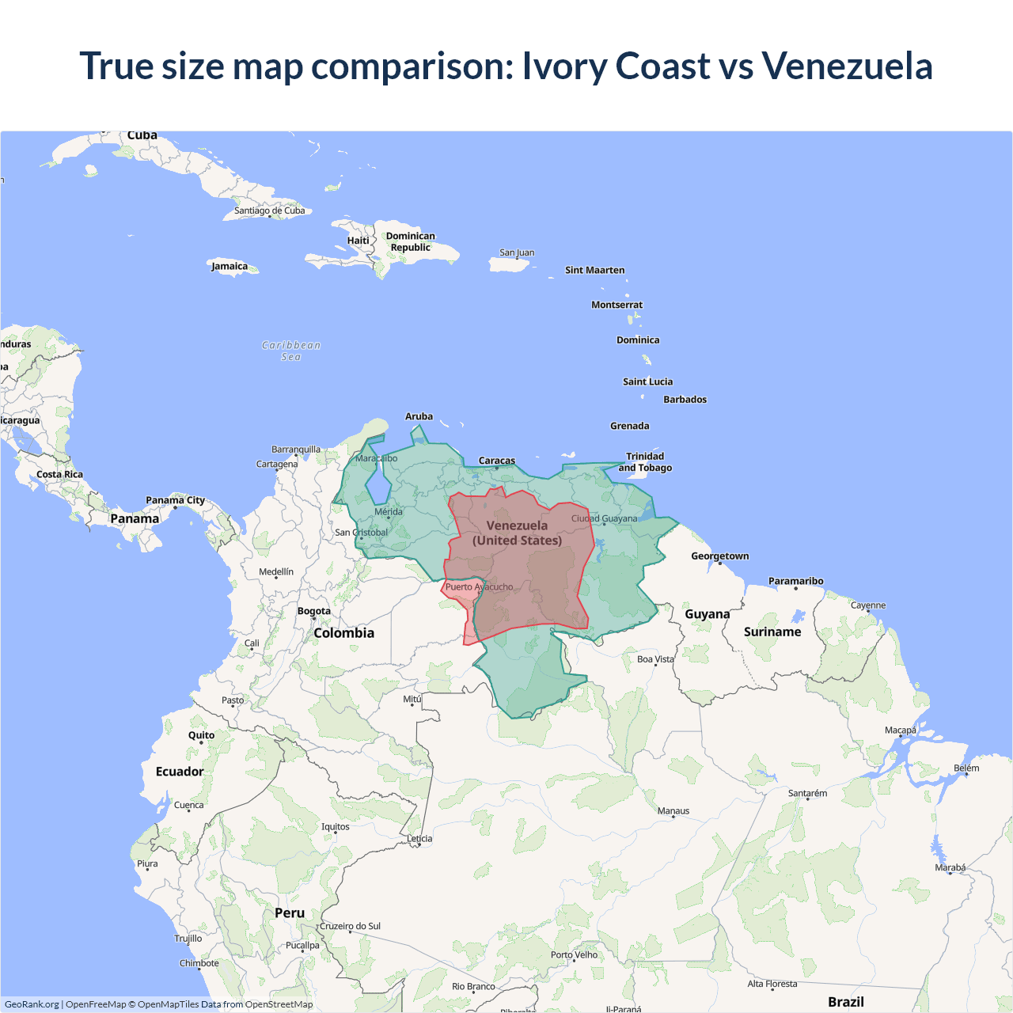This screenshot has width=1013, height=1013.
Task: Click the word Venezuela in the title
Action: coord(847,66)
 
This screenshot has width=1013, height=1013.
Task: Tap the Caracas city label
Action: coord(497,461)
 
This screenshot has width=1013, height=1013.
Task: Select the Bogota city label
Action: coord(314,611)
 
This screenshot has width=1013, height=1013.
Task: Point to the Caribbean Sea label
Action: coord(291,351)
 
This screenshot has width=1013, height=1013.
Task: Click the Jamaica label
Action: coord(230,266)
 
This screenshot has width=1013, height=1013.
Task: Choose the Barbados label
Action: coord(685,400)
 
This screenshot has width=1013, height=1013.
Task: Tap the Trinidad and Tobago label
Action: coord(645,462)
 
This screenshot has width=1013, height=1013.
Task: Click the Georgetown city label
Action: coord(719,556)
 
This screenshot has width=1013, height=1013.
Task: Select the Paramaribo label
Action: coord(795,581)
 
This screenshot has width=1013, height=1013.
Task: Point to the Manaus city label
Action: coord(673,811)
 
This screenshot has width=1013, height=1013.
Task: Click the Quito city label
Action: coord(201,735)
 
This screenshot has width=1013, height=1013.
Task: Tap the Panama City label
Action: coord(175,500)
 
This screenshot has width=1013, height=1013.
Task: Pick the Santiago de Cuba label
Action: coord(269,211)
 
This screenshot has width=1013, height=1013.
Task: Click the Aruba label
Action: coord(419,416)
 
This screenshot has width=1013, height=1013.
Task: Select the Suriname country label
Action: coord(772,632)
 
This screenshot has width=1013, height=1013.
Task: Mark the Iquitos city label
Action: coord(336,827)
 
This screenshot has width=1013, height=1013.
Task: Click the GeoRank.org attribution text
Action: coord(32,1004)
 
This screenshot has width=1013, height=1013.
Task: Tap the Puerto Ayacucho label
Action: coord(479,587)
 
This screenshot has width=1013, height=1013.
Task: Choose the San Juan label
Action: coord(517,252)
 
